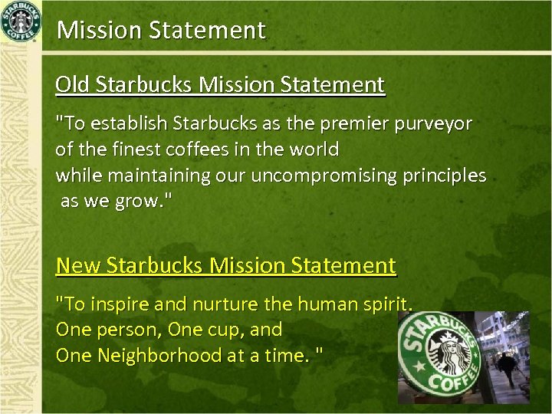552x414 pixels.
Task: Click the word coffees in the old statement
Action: tap(198, 148)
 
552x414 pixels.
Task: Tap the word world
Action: tap(313, 148)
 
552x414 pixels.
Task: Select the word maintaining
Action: tap(159, 176)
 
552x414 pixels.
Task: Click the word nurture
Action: tap(223, 304)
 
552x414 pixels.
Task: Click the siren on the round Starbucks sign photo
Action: tap(449, 356)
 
